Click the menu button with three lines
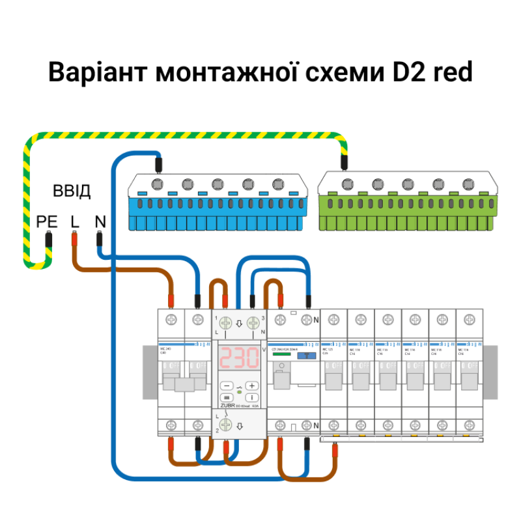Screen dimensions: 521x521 pyautogui.click(x=226, y=397)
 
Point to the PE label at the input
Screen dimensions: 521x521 pyautogui.click(x=47, y=222)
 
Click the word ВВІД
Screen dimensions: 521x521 pyautogui.click(x=72, y=191)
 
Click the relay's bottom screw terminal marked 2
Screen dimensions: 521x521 pyautogui.click(x=226, y=426)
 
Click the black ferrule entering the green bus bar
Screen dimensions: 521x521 pyautogui.click(x=345, y=161)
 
